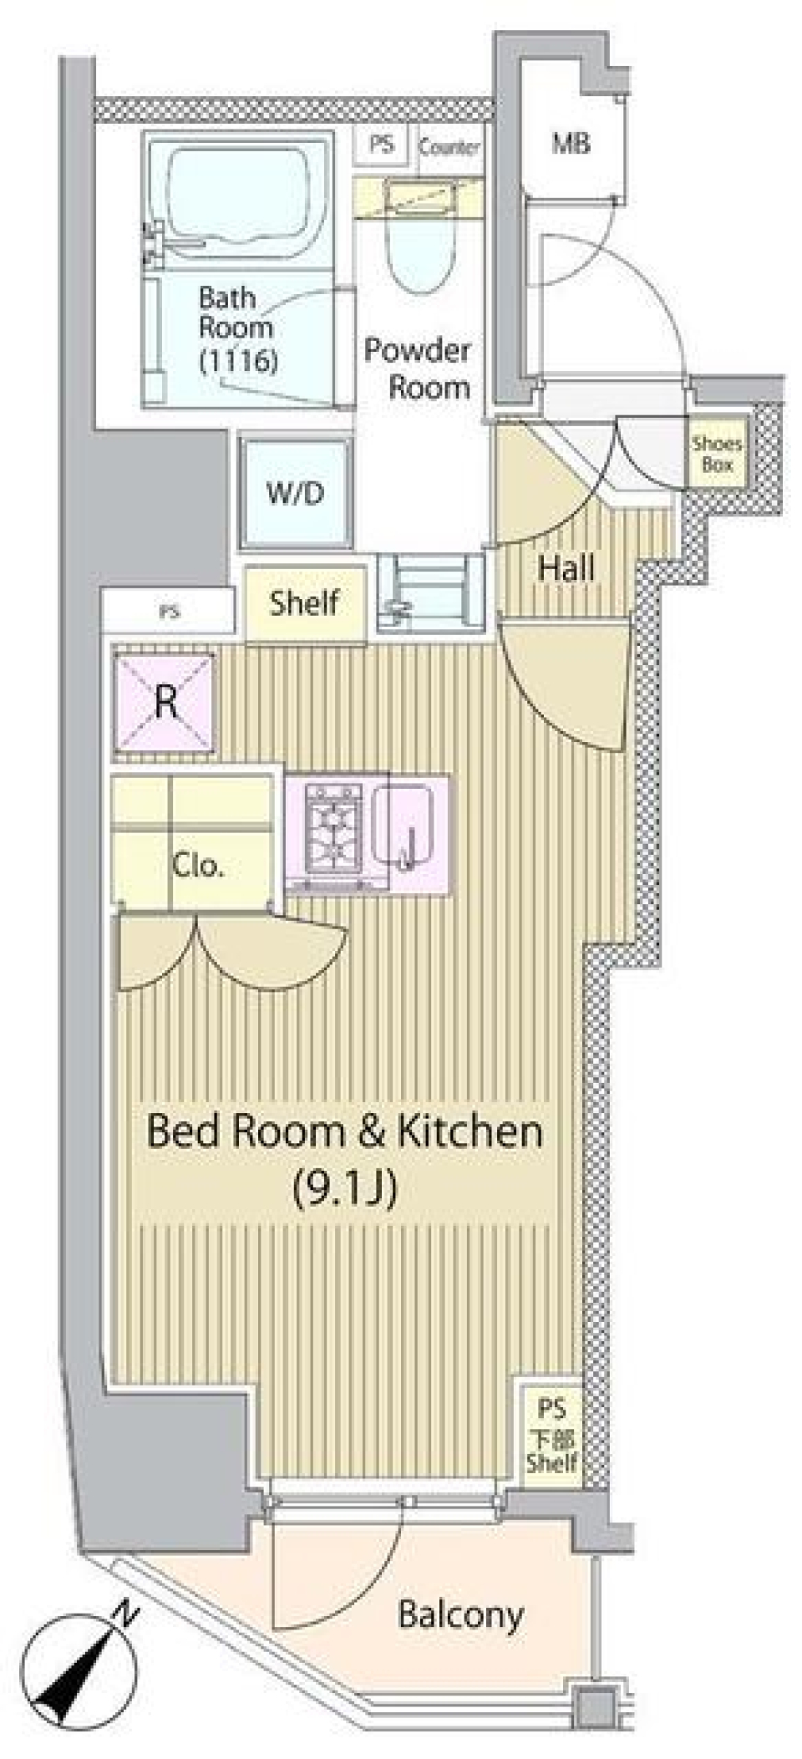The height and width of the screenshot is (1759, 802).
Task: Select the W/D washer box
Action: tap(295, 493)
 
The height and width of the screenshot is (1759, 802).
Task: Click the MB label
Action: tap(571, 143)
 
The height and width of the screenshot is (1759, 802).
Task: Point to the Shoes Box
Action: tap(716, 454)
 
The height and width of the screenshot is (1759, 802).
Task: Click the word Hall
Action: tap(566, 569)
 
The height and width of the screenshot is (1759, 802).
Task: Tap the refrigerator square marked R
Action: tap(165, 703)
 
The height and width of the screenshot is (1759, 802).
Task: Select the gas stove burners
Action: tap(336, 828)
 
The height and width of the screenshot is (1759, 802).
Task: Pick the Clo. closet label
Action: tap(197, 865)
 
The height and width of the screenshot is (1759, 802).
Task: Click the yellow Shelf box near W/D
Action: tap(304, 602)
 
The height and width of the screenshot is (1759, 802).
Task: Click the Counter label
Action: tap(449, 148)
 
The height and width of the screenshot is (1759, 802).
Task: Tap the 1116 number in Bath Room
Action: tap(238, 361)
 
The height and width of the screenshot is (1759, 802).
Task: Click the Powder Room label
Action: tap(418, 368)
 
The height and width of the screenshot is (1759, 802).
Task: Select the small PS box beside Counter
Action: tap(382, 145)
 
